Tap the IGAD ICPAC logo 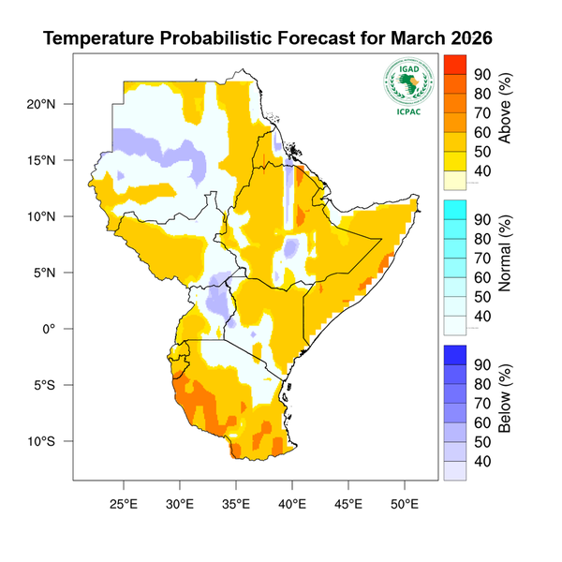(x=407, y=85)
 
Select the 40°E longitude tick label (x=292, y=503)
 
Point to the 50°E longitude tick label (x=405, y=503)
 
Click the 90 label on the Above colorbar (x=482, y=75)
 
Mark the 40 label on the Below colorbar (x=482, y=461)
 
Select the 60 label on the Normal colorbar (x=482, y=277)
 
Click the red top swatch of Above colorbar (x=454, y=65)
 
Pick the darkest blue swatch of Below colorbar (x=454, y=354)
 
